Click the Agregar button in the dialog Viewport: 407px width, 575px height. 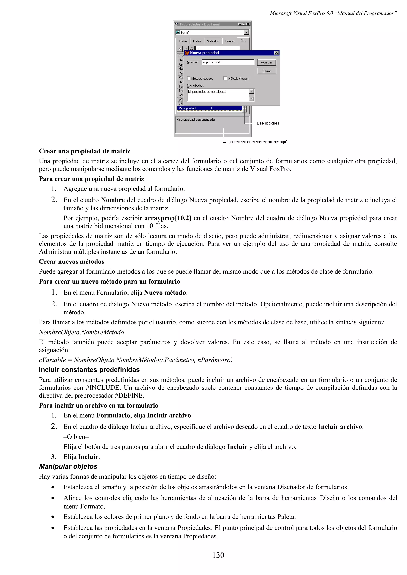(266, 62)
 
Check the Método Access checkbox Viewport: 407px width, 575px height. (189, 78)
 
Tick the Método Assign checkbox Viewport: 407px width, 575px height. (225, 78)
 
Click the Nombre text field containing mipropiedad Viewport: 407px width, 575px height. (228, 62)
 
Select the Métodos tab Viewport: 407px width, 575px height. (213, 41)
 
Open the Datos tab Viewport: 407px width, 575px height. (197, 41)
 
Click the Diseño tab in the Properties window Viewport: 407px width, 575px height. (229, 41)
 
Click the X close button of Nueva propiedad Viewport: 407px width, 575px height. (276, 53)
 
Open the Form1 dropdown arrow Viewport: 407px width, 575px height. (246, 32)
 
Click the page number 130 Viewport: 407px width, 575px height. (218, 555)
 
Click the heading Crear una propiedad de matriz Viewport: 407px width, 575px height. (84, 151)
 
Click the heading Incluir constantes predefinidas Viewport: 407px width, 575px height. (89, 370)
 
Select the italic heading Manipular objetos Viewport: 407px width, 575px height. (68, 466)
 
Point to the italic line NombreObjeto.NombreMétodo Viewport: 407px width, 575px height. (81, 332)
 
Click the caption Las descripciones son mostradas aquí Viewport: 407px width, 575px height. (257, 142)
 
